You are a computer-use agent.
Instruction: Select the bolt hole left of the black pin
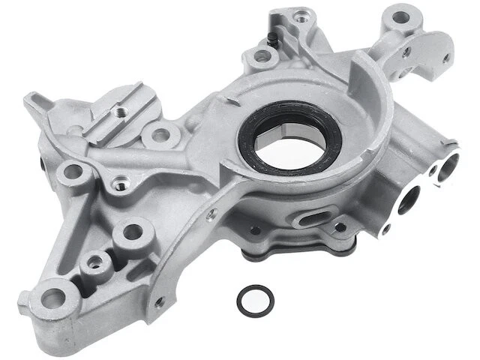(260, 55)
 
